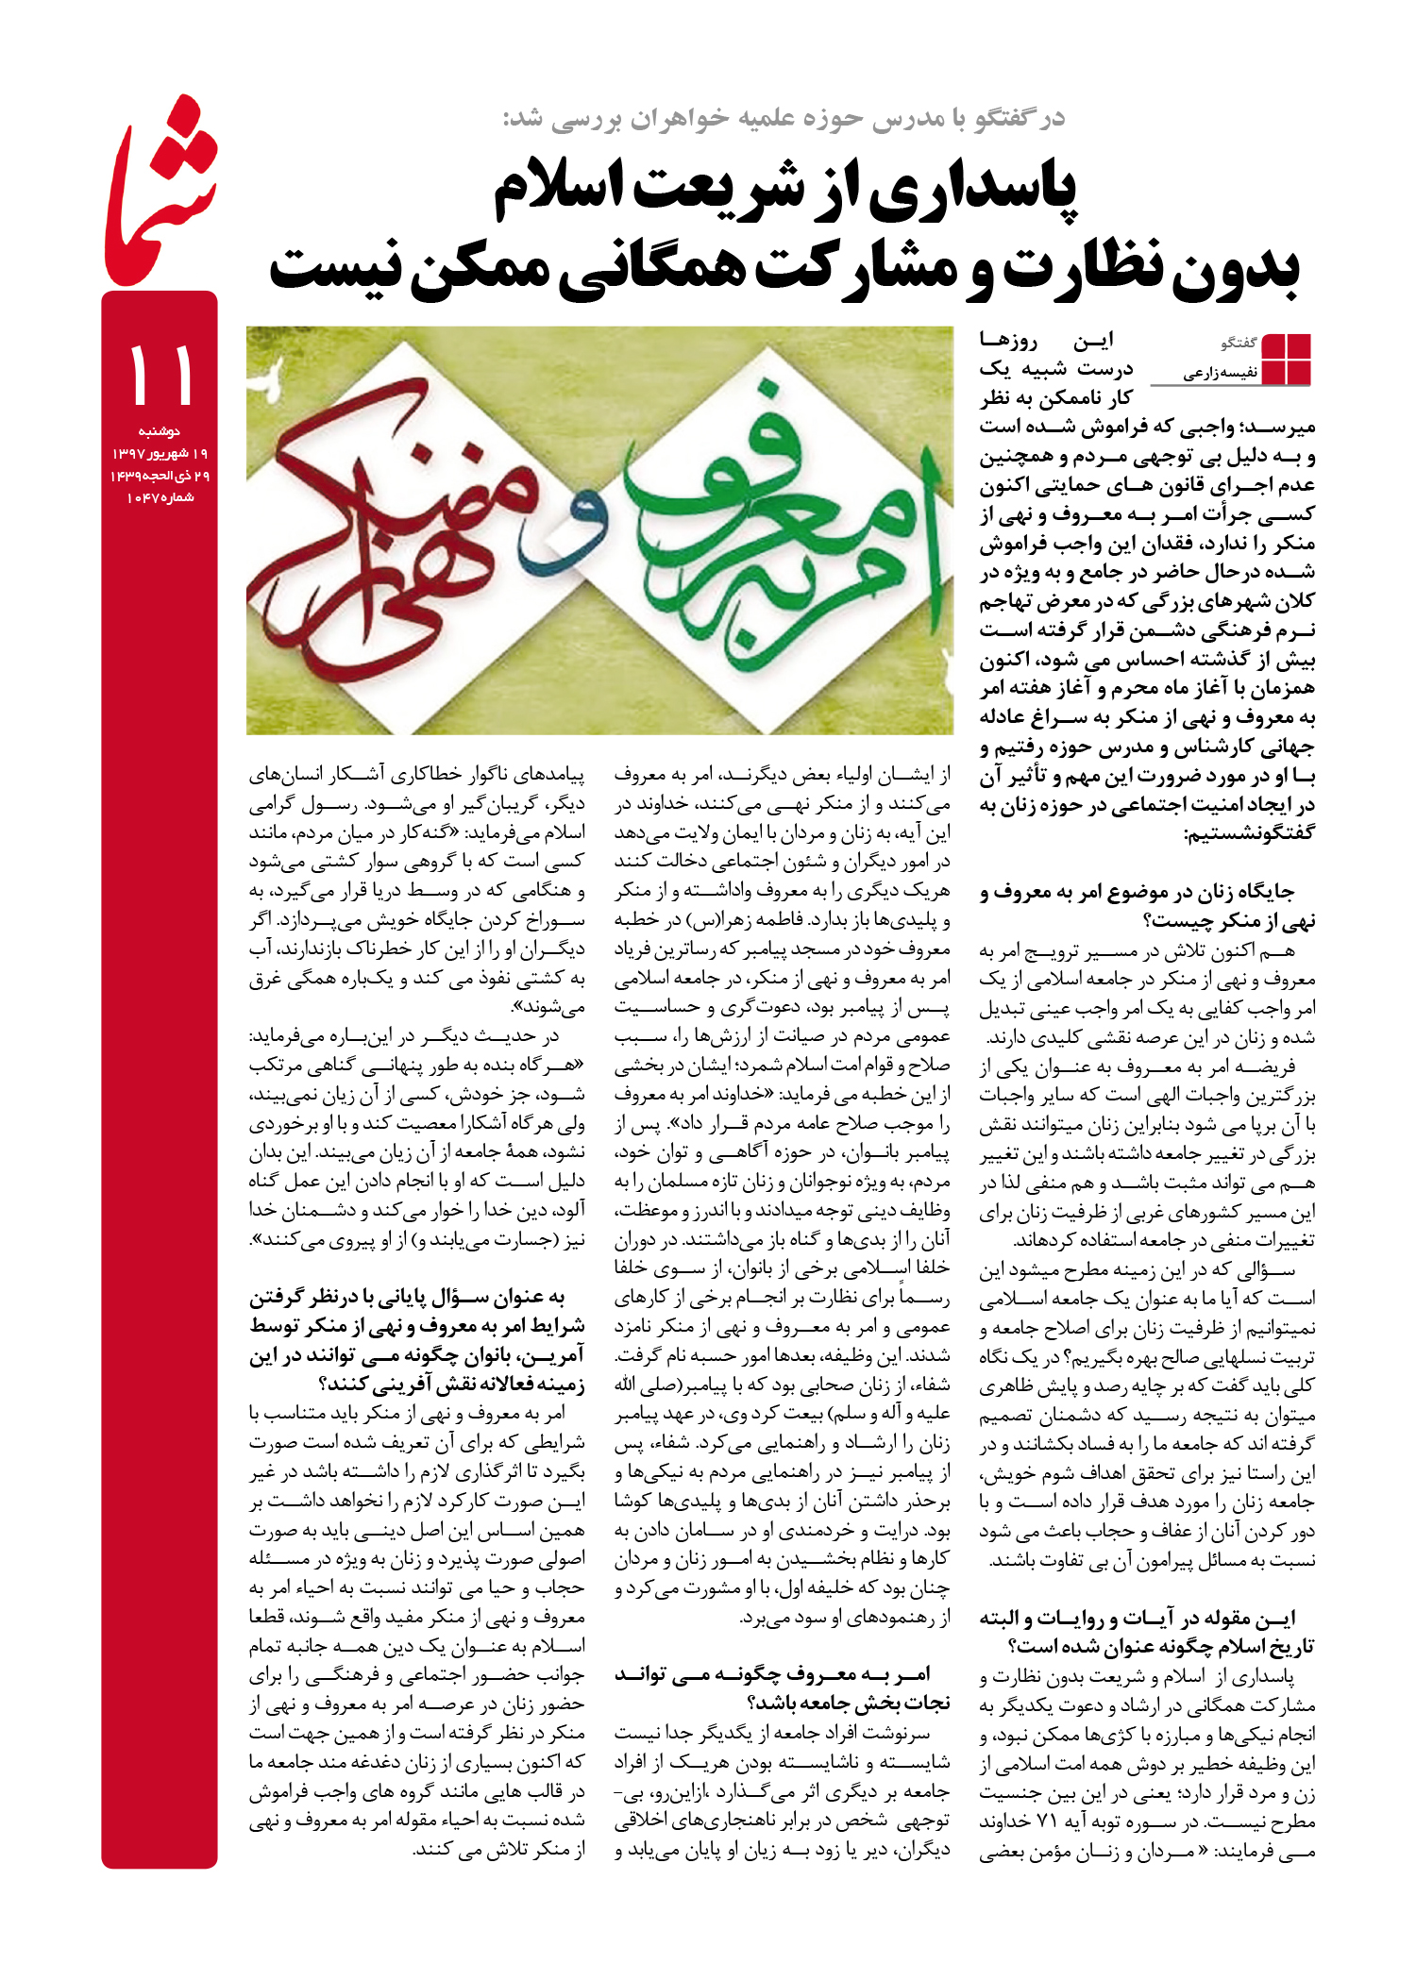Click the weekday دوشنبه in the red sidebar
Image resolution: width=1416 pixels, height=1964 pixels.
(160, 431)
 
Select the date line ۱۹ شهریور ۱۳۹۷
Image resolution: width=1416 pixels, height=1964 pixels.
(160, 454)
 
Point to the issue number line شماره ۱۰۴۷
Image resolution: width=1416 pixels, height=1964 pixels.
(160, 497)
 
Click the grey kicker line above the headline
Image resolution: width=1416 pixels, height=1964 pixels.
(784, 118)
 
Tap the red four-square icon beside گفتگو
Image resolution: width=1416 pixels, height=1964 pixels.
(1286, 359)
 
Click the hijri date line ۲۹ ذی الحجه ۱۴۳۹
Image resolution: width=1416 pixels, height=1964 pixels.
(160, 476)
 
